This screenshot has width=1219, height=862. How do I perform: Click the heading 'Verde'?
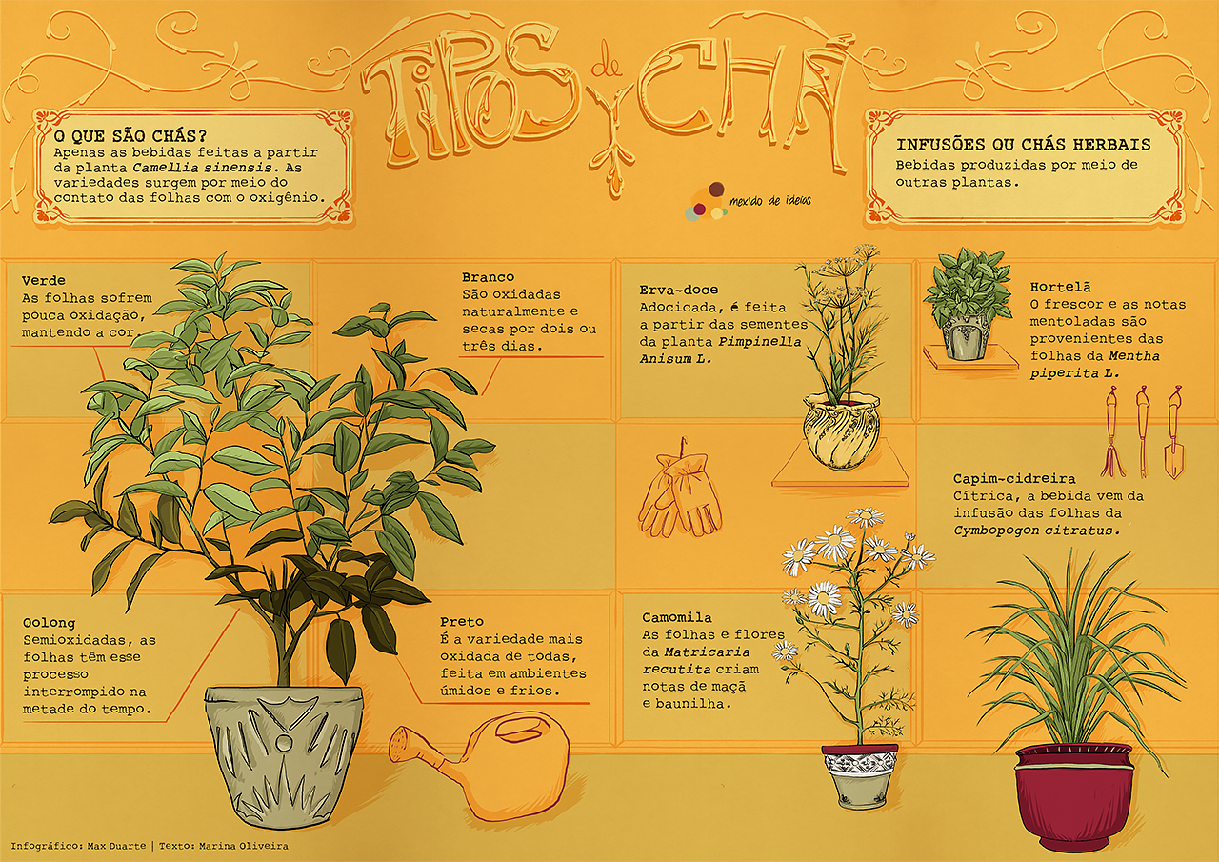(x=44, y=281)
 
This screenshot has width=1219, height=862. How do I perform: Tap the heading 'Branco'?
(x=489, y=277)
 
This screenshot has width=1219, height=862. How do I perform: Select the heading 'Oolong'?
(x=49, y=623)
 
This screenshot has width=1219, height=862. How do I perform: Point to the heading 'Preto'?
(x=462, y=621)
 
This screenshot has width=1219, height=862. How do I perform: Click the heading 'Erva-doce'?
(x=679, y=290)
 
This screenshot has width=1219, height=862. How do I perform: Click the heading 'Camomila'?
(x=677, y=617)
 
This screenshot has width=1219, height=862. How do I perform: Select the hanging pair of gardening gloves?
(x=680, y=492)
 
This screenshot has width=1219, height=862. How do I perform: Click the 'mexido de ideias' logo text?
(x=769, y=201)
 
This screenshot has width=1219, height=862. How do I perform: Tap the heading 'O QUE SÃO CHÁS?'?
(x=130, y=136)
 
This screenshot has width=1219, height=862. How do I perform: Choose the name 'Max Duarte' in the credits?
(x=116, y=846)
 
